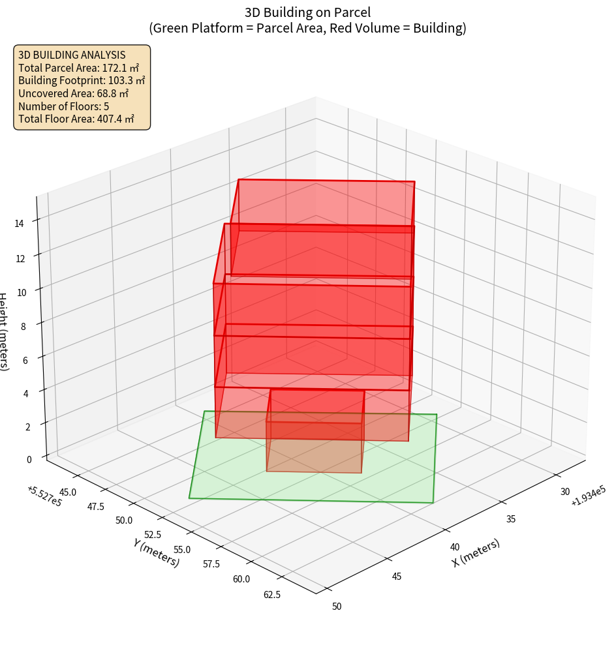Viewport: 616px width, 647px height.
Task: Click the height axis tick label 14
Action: click(x=20, y=223)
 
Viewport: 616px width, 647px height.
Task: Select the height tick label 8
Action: click(x=23, y=326)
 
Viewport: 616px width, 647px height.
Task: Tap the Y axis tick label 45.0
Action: click(x=67, y=491)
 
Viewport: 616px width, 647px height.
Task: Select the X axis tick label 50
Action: click(x=337, y=606)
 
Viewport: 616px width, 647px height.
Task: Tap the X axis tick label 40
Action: click(x=455, y=547)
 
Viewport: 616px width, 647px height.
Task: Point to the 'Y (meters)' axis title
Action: click(x=157, y=552)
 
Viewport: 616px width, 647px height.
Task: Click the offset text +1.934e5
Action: click(x=588, y=499)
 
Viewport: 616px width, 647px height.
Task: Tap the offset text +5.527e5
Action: click(x=45, y=496)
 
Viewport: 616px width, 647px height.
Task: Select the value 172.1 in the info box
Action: click(x=116, y=68)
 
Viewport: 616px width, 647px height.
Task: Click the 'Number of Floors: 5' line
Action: click(x=63, y=106)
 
